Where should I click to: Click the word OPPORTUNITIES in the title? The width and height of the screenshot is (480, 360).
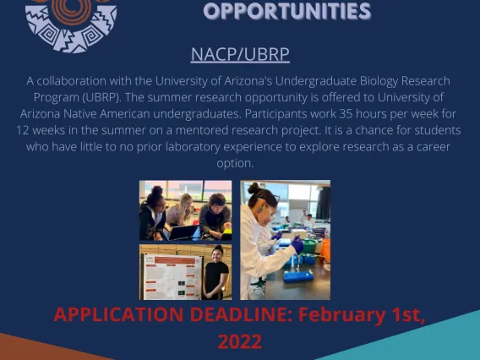pos(287,11)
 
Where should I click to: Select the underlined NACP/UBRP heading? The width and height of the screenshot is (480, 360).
pos(240,54)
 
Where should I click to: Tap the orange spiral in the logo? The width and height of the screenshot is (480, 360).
pos(71,11)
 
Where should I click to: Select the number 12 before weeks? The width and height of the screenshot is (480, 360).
pos(22,130)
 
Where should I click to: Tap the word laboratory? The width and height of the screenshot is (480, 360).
pos(193,147)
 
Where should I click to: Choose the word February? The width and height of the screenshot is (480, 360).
pos(342,315)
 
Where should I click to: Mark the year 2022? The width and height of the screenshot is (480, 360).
pos(240,341)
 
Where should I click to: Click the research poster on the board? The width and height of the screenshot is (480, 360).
pos(172,276)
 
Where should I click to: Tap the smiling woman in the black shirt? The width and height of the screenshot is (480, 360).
pos(215,272)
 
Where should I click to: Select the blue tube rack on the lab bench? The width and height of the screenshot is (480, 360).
pos(298,275)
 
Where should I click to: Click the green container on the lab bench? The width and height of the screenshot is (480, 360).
pos(309,246)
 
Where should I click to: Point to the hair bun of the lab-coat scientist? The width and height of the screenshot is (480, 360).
pos(254,188)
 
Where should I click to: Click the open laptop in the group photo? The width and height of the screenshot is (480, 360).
pos(183,232)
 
